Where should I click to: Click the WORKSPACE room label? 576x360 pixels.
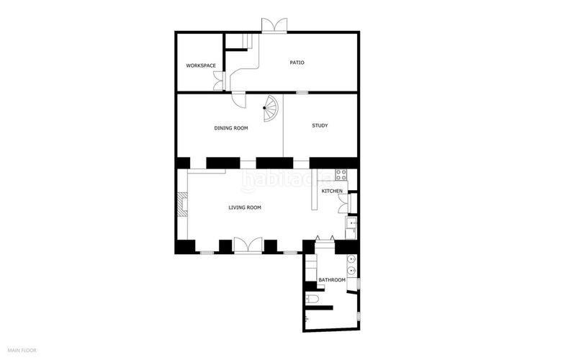pos(201,66)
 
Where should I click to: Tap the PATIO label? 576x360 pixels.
pos(297,63)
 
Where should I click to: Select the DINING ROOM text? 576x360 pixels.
pos(231,128)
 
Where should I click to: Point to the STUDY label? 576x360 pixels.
pos(320,126)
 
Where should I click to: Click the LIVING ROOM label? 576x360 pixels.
pos(245,207)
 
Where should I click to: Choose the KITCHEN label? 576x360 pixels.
pos(332,191)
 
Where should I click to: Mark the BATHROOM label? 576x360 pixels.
pos(332,280)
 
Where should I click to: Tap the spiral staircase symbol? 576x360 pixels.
pos(270,110)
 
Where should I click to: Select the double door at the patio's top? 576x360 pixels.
pos(274,24)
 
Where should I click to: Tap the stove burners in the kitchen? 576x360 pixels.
pos(341,174)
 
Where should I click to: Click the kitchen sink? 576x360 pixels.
pos(352,226)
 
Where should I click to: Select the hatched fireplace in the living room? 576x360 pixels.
pos(183,205)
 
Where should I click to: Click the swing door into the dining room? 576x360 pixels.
pos(239,100)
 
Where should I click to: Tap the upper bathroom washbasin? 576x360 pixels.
pos(351,260)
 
